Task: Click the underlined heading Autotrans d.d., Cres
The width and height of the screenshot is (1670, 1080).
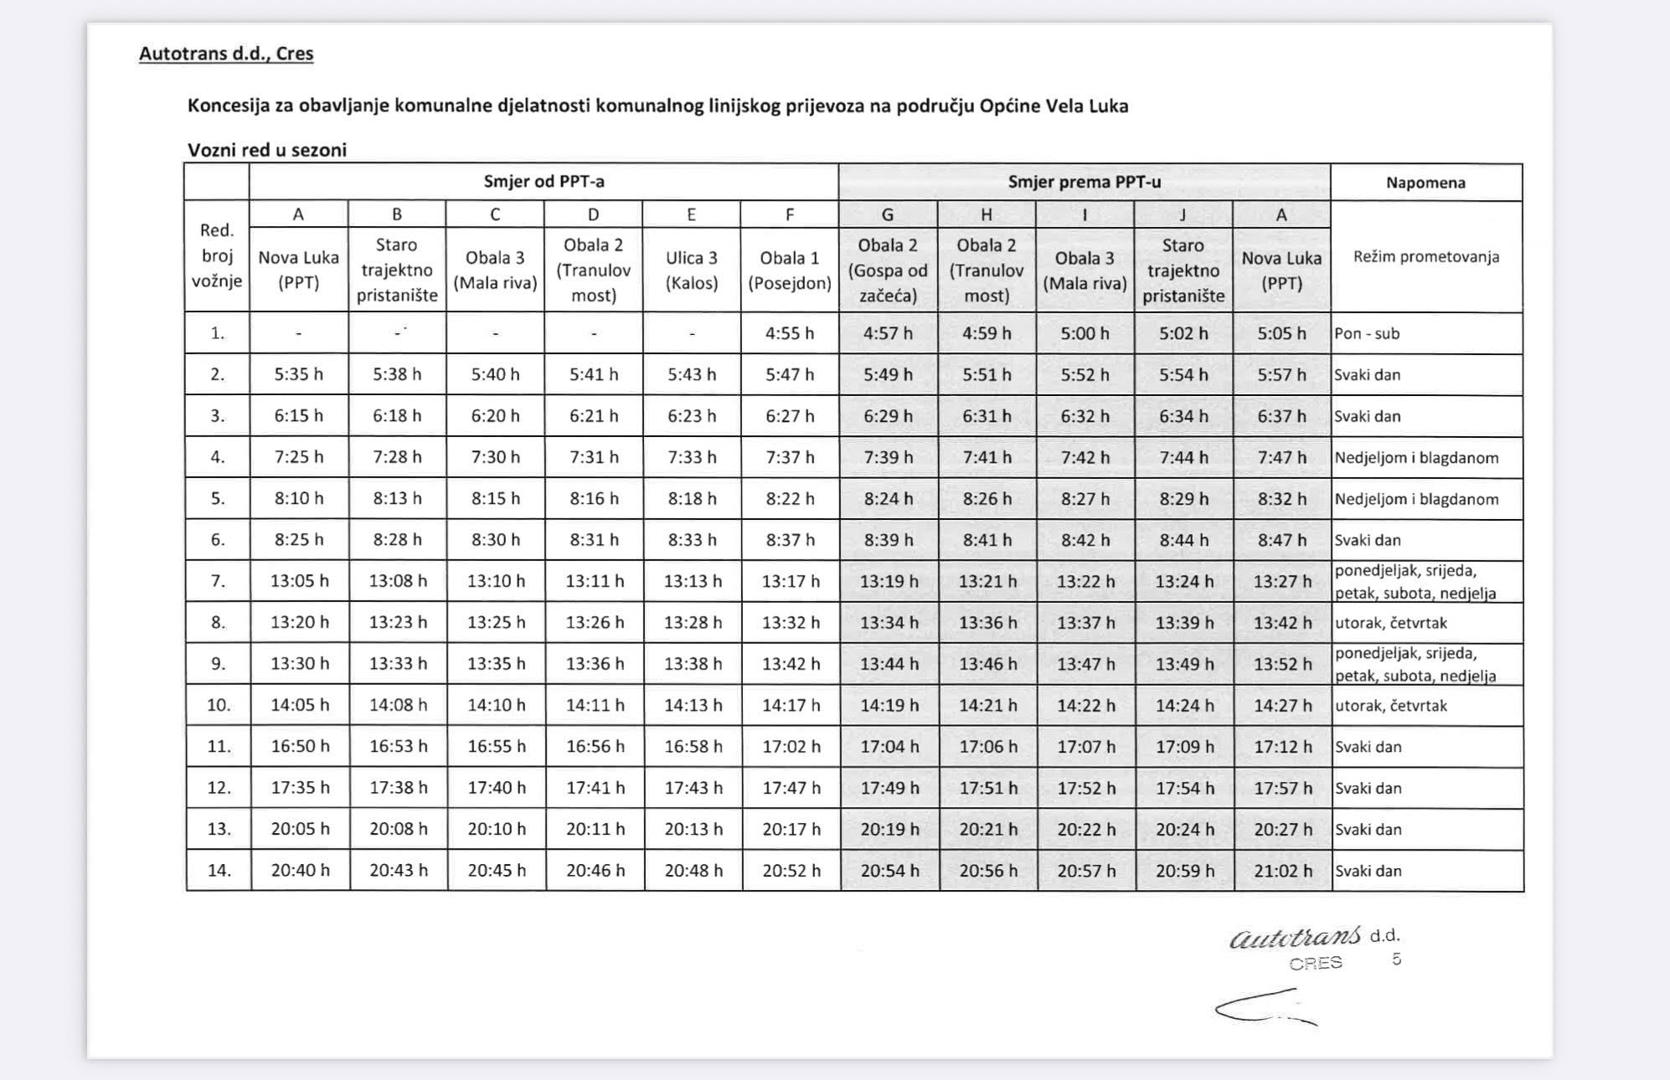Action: coord(226,54)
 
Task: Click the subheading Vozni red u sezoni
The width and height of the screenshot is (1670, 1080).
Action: coord(266,150)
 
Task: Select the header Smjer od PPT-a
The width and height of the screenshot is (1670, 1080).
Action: coord(544,182)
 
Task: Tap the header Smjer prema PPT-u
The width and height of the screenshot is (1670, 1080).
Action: coord(1084,182)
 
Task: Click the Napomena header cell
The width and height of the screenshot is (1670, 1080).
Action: coord(1425,183)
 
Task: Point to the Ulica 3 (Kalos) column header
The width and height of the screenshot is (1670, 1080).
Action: coord(692,270)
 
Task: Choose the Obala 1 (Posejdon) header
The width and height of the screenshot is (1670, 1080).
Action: coord(790,270)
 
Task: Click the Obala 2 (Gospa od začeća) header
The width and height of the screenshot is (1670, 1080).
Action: coord(888,270)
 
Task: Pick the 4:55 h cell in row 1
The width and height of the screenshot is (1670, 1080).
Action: coord(790,333)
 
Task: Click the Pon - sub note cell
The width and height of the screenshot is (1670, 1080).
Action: coord(1367,333)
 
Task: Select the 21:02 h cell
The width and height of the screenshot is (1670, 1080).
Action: coord(1282,871)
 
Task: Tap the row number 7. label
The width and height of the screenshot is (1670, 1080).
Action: coord(218,581)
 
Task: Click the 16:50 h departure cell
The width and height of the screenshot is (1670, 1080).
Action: coord(300,746)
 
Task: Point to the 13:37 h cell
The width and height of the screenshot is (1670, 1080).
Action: coord(1085,623)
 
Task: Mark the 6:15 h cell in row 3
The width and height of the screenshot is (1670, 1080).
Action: coord(298,416)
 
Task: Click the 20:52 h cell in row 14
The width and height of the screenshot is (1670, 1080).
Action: coord(791,871)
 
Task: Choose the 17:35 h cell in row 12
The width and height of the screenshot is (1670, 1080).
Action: coord(300,788)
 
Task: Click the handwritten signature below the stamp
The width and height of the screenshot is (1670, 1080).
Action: coord(1265,1008)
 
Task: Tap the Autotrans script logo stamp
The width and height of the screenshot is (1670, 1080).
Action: coord(1295,938)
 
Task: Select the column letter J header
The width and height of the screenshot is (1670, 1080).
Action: coord(1183,215)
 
